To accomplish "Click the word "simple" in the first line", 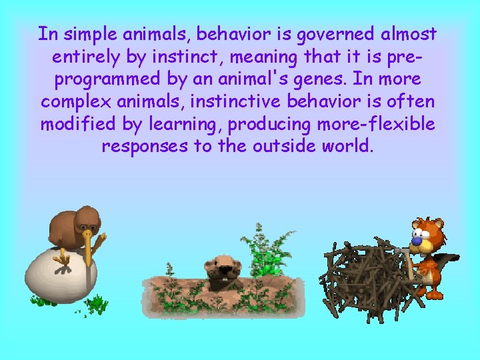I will [87, 33].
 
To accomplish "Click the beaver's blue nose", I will [417, 235].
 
